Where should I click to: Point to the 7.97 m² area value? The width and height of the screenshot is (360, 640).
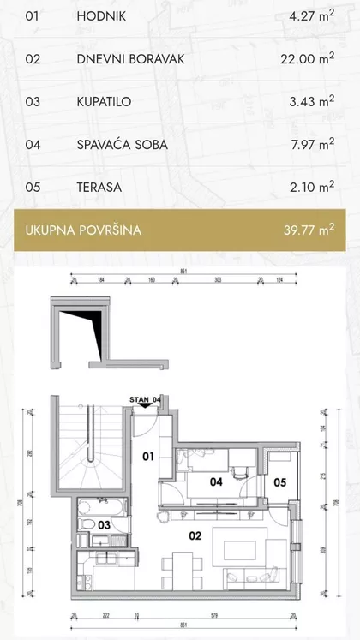click(x=311, y=143)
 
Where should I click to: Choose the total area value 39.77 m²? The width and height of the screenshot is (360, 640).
click(x=308, y=230)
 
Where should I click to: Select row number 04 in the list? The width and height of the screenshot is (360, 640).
click(x=33, y=144)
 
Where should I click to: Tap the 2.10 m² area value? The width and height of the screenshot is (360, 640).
click(x=311, y=186)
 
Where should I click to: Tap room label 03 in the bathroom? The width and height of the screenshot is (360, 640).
click(x=103, y=523)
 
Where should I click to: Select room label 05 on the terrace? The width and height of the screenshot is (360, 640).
click(x=279, y=481)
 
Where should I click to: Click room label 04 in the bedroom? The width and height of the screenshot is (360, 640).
click(x=216, y=482)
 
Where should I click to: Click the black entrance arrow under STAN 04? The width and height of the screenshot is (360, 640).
click(x=147, y=408)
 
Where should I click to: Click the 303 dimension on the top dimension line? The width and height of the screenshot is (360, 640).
click(x=218, y=279)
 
